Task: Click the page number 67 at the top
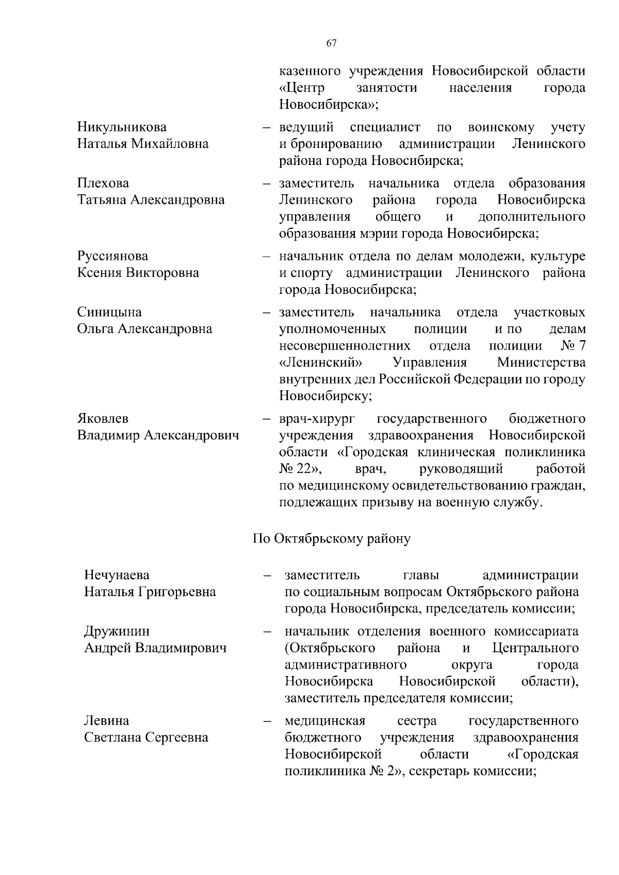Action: pyautogui.click(x=332, y=43)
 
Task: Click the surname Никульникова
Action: pyautogui.click(x=122, y=127)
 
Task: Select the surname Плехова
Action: pyautogui.click(x=103, y=183)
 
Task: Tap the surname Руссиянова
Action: pyautogui.click(x=112, y=256)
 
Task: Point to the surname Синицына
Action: pyautogui.click(x=109, y=312)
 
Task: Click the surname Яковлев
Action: pyautogui.click(x=103, y=418)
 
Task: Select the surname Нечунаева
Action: pyautogui.click(x=117, y=575)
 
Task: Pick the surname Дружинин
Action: pyautogui.click(x=117, y=631)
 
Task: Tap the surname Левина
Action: pyautogui.click(x=107, y=720)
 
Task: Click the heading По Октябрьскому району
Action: pyautogui.click(x=332, y=539)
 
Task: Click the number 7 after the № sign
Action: pyautogui.click(x=581, y=345)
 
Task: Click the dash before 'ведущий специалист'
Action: pyautogui.click(x=267, y=127)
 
